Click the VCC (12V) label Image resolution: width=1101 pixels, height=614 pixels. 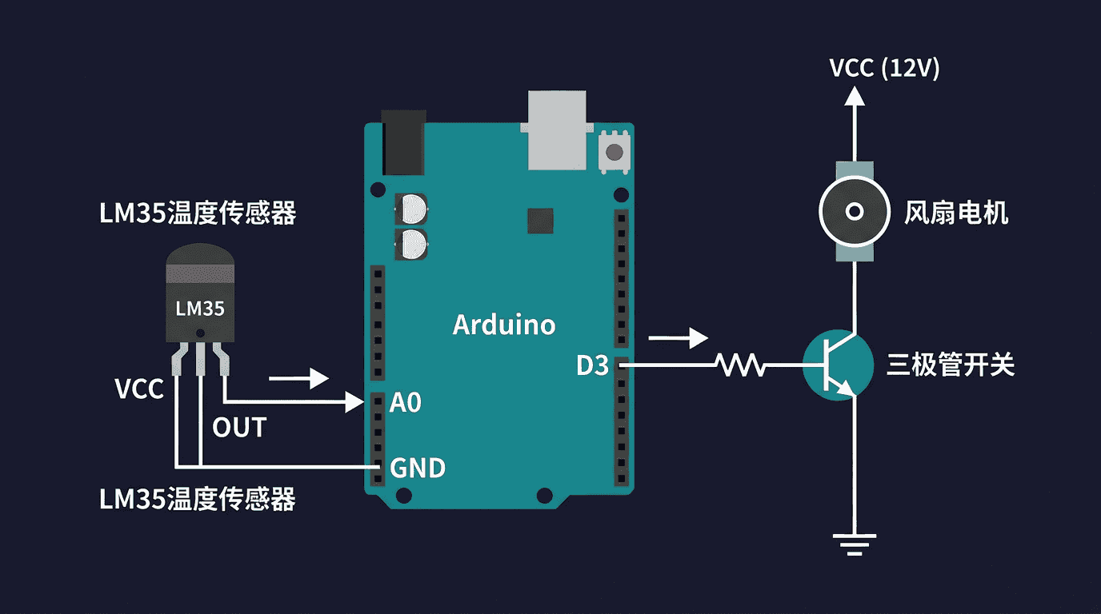point(884,68)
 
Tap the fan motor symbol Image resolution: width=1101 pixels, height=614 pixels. point(855,212)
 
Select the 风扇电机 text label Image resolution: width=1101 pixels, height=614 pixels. point(956,213)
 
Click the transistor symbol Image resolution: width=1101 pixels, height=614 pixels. point(838,365)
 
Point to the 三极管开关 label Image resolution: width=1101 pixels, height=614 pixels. point(951,365)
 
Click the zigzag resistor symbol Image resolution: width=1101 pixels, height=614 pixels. point(741,365)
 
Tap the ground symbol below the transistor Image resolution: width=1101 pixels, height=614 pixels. point(855,544)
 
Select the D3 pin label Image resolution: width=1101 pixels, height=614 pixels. point(592,365)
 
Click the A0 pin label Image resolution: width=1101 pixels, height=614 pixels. point(406,403)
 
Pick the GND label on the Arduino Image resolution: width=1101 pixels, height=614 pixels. point(418,468)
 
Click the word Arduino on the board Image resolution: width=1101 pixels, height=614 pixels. point(504,325)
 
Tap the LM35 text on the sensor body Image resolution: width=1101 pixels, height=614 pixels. point(200,309)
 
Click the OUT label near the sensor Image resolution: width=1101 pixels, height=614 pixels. point(239,428)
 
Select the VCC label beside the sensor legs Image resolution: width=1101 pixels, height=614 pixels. point(139,389)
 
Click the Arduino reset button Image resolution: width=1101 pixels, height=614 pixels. point(615,152)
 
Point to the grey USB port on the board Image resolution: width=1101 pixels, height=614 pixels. point(557,130)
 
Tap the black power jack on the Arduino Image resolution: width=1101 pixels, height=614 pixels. point(403,142)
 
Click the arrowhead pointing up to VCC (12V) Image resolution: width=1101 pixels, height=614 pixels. point(855,96)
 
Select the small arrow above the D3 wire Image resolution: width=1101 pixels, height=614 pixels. point(679,338)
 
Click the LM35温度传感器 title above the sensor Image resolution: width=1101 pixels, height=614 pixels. point(198,213)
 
